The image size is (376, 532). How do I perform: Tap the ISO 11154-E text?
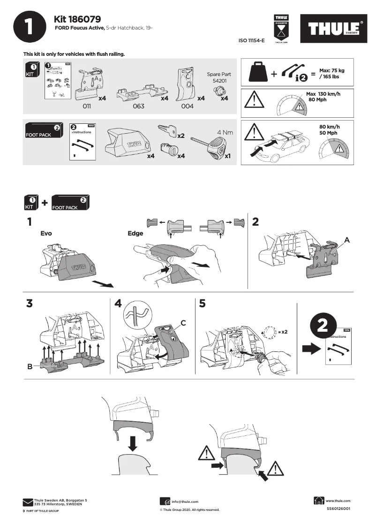pos(252,41)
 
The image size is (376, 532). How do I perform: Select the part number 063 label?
pos(138,106)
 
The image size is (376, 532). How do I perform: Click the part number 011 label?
pos(86,106)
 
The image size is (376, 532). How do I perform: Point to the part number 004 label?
pos(187,106)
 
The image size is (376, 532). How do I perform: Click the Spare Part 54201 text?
pos(218,77)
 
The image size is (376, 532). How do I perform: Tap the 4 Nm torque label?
pos(225,133)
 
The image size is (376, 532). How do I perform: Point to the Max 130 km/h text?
pos(323,94)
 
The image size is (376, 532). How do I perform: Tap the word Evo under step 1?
pos(46,233)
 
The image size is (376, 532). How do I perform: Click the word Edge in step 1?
pos(135,233)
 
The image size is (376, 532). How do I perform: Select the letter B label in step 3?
pos(30,367)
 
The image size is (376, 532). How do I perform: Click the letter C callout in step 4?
pos(184,323)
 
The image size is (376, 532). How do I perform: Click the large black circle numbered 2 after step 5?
pos(323,327)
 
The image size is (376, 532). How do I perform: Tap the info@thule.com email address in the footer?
pos(185,502)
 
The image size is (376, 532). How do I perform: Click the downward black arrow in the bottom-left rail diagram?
pos(133,442)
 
